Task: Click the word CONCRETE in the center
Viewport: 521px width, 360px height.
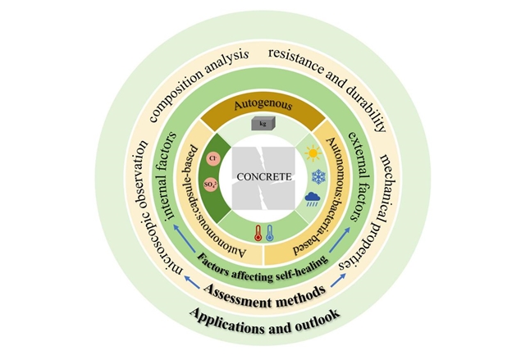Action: pyautogui.click(x=260, y=175)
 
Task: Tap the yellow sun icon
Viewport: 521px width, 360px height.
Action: pyautogui.click(x=312, y=153)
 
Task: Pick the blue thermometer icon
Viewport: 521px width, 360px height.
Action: pyautogui.click(x=268, y=232)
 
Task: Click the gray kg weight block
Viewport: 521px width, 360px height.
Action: pyautogui.click(x=262, y=124)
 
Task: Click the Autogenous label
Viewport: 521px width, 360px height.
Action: pyautogui.click(x=261, y=106)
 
